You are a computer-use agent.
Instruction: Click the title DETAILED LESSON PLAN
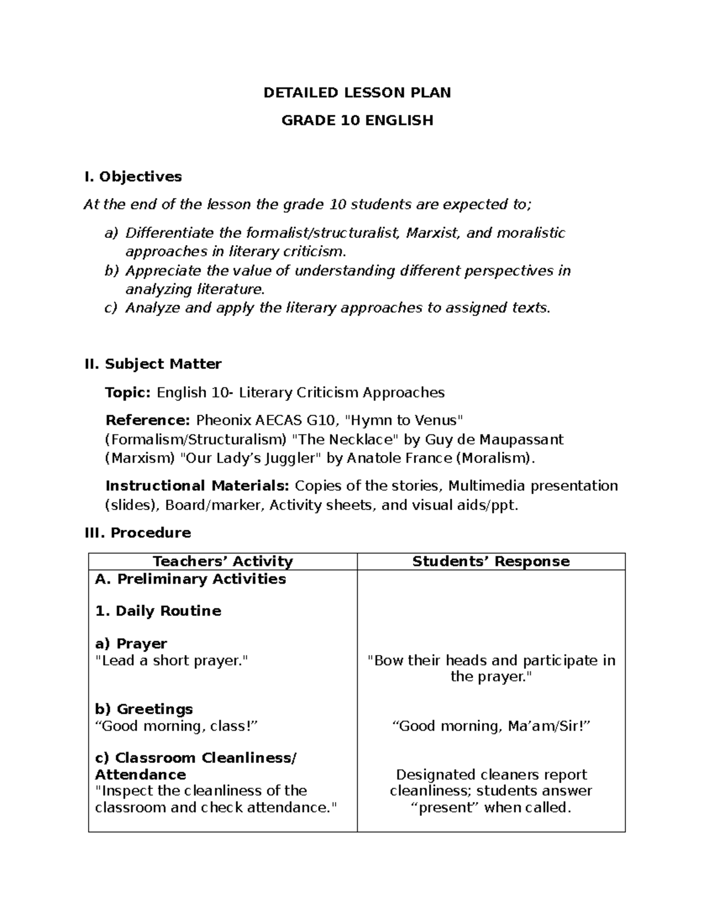coord(357,93)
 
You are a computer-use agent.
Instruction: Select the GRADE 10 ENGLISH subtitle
coord(357,121)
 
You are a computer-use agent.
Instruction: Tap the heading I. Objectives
coord(133,177)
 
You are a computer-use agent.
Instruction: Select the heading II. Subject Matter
coord(154,364)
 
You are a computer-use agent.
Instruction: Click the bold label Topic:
coord(128,393)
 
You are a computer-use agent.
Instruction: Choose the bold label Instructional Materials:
coord(197,486)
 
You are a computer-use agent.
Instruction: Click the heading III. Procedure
coord(138,533)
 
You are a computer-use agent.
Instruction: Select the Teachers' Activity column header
coord(223,562)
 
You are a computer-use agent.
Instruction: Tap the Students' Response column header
coord(491,562)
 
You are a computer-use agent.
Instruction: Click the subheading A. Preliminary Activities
coord(190,579)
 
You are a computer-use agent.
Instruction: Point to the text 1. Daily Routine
coord(158,611)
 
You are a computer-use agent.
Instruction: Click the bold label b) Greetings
coord(144,709)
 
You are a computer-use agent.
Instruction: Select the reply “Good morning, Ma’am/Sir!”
coord(491,726)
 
